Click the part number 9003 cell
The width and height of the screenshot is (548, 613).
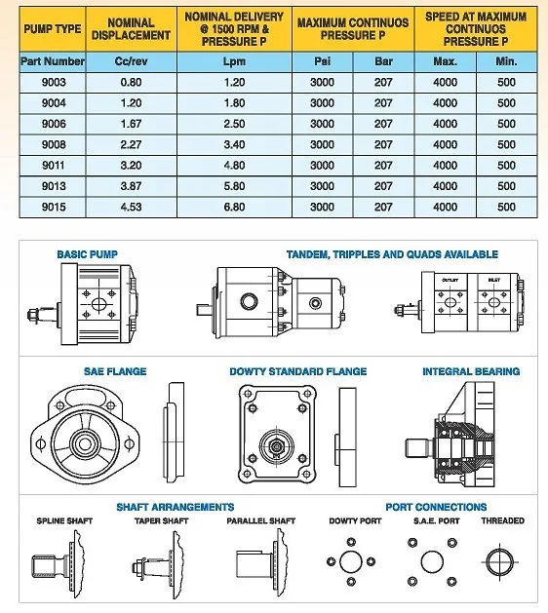click(54, 82)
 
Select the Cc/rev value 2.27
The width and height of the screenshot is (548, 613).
click(131, 144)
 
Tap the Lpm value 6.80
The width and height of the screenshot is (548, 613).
click(234, 207)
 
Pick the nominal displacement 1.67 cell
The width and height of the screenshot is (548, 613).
click(131, 124)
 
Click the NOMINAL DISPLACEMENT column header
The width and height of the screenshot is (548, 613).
click(131, 29)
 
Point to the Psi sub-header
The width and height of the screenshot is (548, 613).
click(323, 61)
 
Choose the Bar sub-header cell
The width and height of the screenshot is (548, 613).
click(383, 61)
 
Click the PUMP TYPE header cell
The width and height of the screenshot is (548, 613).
click(53, 29)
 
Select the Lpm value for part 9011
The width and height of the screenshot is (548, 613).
click(234, 165)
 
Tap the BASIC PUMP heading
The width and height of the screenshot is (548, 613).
click(87, 254)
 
